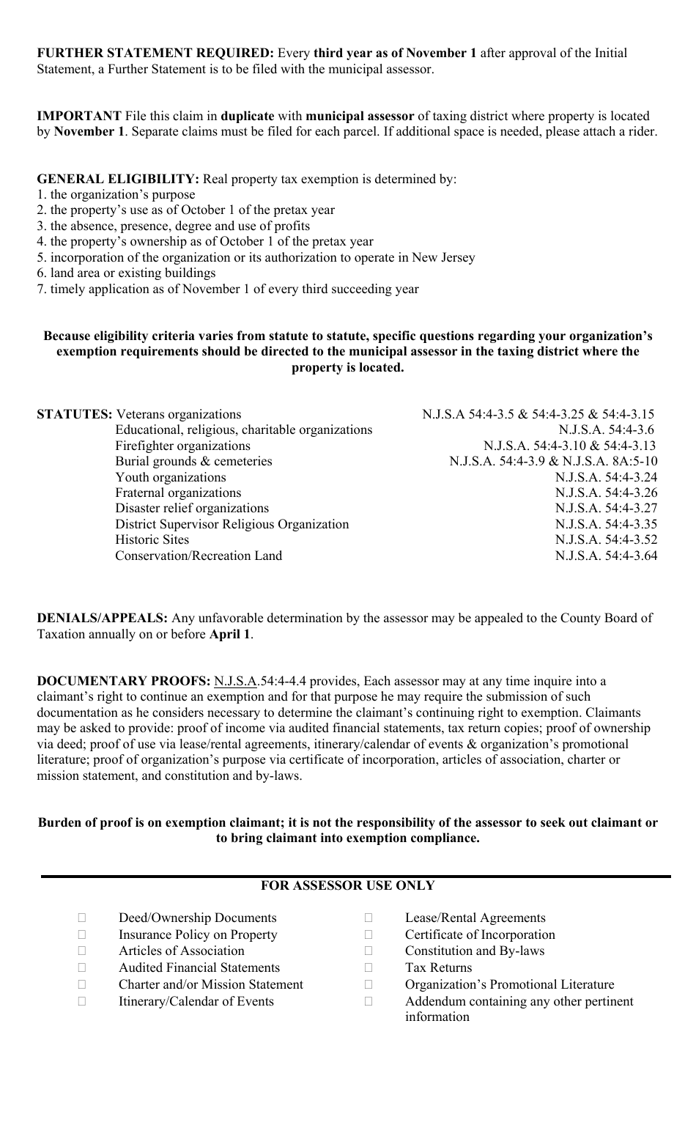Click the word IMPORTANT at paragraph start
pos(79,117)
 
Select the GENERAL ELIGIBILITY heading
pos(118,180)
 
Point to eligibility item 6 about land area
pos(126,273)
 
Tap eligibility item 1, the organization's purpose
pos(116,195)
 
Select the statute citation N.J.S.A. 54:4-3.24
pos(606,478)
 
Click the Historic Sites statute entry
pos(152,540)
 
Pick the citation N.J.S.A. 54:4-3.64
pos(606,556)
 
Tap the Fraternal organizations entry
pos(178,493)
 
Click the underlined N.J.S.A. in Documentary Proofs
pos(235,682)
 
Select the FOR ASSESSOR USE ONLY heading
pos(347,886)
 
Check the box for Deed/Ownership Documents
pos(82,918)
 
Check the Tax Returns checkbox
pos(369,968)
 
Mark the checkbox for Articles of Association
pos(82,951)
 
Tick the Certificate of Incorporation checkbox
pos(369,935)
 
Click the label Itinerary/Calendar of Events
pos(196,1002)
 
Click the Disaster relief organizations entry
pos(192,509)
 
